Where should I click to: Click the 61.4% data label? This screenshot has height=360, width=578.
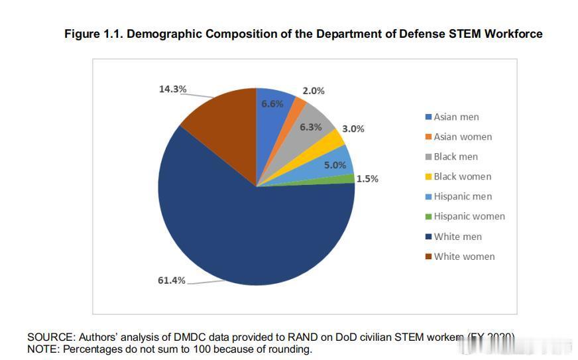point(171,280)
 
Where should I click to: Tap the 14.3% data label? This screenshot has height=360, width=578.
point(172,90)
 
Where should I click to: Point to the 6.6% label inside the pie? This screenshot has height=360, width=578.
point(272,104)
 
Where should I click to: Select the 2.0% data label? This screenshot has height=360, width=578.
point(314,91)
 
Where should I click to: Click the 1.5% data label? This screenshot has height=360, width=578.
point(367,179)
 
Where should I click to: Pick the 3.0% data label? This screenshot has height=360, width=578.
point(353,129)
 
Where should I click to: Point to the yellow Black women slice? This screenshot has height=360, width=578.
point(335,139)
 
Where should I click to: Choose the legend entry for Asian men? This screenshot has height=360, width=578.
point(456,117)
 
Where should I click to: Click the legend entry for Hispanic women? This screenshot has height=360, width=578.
point(469,216)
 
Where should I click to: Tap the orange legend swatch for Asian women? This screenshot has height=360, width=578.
point(428,137)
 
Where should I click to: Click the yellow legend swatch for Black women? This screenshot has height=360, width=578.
point(428,177)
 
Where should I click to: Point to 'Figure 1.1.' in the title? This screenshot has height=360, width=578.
point(93,34)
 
